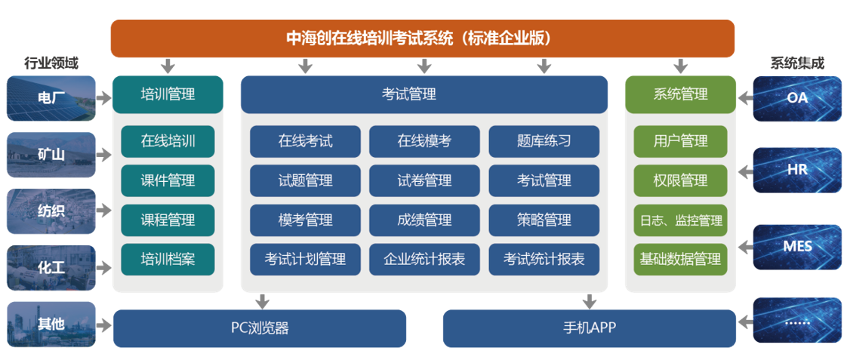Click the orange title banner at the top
pyautogui.click(x=423, y=38)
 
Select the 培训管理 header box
pyautogui.click(x=168, y=94)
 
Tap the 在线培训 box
pyautogui.click(x=168, y=141)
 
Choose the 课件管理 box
pyautogui.click(x=168, y=180)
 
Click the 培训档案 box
pyautogui.click(x=168, y=259)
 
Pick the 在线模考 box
pyautogui.click(x=424, y=141)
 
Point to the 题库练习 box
pyautogui.click(x=544, y=141)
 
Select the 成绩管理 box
pyautogui.click(x=424, y=220)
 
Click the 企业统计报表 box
pyautogui.click(x=424, y=259)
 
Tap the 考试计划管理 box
pyautogui.click(x=305, y=259)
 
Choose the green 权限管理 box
pyautogui.click(x=681, y=180)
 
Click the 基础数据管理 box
pyautogui.click(x=681, y=259)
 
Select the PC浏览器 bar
pyautogui.click(x=260, y=328)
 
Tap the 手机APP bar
pyautogui.click(x=590, y=328)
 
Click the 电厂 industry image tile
pyautogui.click(x=51, y=98)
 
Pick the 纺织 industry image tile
pyautogui.click(x=51, y=211)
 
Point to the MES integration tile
pyautogui.click(x=797, y=247)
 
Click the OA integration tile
pyautogui.click(x=797, y=98)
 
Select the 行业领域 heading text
pyautogui.click(x=51, y=63)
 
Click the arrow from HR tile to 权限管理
pyautogui.click(x=745, y=172)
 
